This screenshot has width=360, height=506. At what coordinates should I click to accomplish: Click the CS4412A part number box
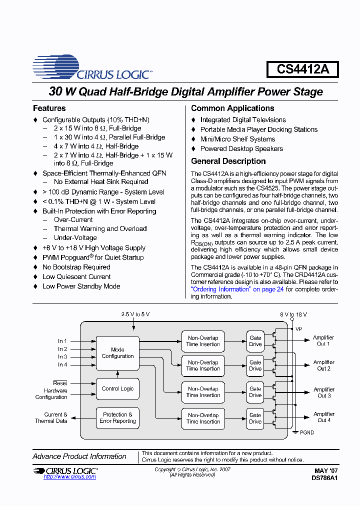(303, 69)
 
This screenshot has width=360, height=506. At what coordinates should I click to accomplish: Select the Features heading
(49, 108)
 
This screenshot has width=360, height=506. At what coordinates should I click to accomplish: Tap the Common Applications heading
(232, 108)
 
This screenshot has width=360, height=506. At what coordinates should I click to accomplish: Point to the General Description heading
(228, 161)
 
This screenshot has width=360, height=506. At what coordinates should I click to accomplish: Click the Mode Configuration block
(117, 353)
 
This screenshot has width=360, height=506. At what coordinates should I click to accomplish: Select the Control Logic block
(117, 388)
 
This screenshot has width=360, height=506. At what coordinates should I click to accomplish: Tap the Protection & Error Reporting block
(117, 418)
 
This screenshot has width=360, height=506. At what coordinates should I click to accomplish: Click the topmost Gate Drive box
(255, 341)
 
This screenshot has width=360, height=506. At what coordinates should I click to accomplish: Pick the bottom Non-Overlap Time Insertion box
(203, 418)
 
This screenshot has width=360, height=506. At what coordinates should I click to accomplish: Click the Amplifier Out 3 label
(324, 392)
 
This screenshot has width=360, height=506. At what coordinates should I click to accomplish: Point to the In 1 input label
(62, 341)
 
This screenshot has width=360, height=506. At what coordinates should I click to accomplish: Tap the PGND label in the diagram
(307, 432)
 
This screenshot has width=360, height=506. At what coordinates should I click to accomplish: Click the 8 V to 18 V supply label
(293, 314)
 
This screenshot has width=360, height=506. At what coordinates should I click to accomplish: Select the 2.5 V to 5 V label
(135, 314)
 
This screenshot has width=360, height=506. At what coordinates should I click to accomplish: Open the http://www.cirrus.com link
(69, 477)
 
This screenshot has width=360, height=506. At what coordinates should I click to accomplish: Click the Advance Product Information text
(79, 456)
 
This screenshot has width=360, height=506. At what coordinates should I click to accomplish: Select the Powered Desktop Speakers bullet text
(241, 149)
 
